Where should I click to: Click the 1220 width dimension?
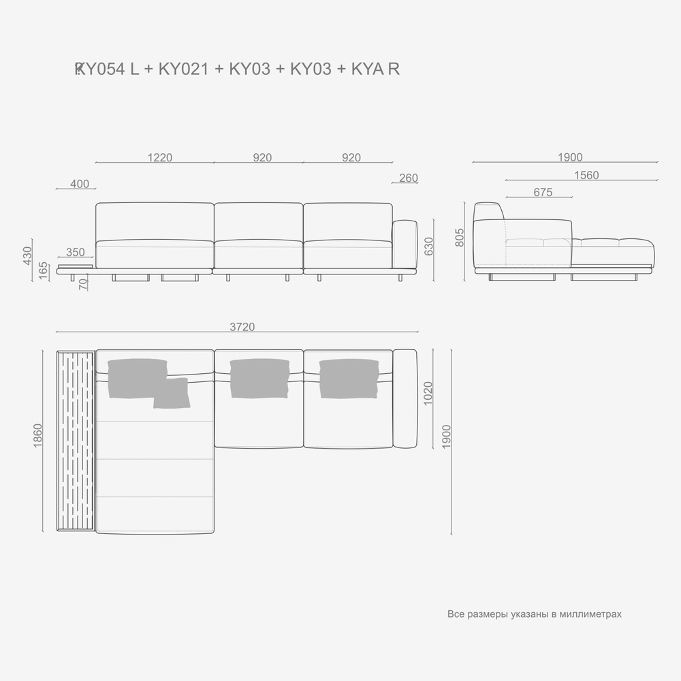point(160,157)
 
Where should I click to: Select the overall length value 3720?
point(242,327)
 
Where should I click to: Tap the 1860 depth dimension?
point(37,441)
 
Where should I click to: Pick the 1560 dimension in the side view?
point(586,175)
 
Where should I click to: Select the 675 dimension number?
point(543,193)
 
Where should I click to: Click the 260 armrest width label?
point(409,178)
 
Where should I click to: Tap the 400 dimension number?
point(80,184)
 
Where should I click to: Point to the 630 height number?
point(428,245)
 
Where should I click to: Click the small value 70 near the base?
point(83,284)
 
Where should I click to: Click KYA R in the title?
point(375,69)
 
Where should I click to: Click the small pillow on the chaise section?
point(170,394)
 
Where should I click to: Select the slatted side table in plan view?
point(76,441)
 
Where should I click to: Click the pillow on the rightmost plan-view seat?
point(348,378)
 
